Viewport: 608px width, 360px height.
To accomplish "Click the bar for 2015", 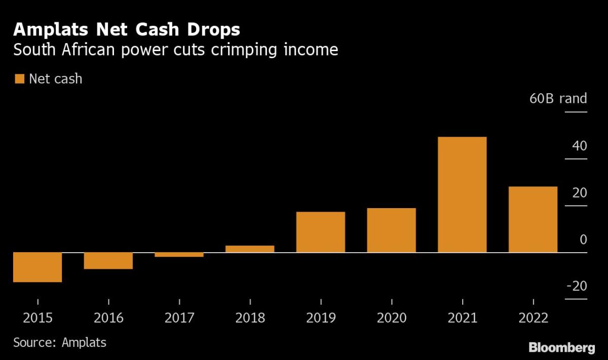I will [x=37, y=267].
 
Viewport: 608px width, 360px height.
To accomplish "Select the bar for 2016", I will [x=108, y=260].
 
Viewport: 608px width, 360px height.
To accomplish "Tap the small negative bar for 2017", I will [x=179, y=255].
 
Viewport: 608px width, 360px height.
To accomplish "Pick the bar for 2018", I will [x=250, y=249].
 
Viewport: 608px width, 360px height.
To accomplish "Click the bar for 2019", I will [x=321, y=232].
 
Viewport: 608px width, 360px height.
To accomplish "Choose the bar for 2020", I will [x=392, y=230].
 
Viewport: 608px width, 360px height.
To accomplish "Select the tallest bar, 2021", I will [x=462, y=194].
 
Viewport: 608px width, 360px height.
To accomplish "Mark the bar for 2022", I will [x=533, y=219].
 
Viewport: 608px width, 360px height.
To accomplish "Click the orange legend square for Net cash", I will [x=19, y=79].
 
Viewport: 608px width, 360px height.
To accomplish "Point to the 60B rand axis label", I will [x=558, y=98].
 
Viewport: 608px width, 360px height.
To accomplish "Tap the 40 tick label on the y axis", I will [x=580, y=146].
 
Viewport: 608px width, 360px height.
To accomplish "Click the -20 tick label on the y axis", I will [x=576, y=286].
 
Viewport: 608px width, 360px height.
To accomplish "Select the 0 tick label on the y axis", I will [x=583, y=239].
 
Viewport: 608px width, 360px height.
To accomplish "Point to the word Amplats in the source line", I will [x=84, y=342].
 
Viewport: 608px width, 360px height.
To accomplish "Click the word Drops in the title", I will [x=212, y=30].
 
